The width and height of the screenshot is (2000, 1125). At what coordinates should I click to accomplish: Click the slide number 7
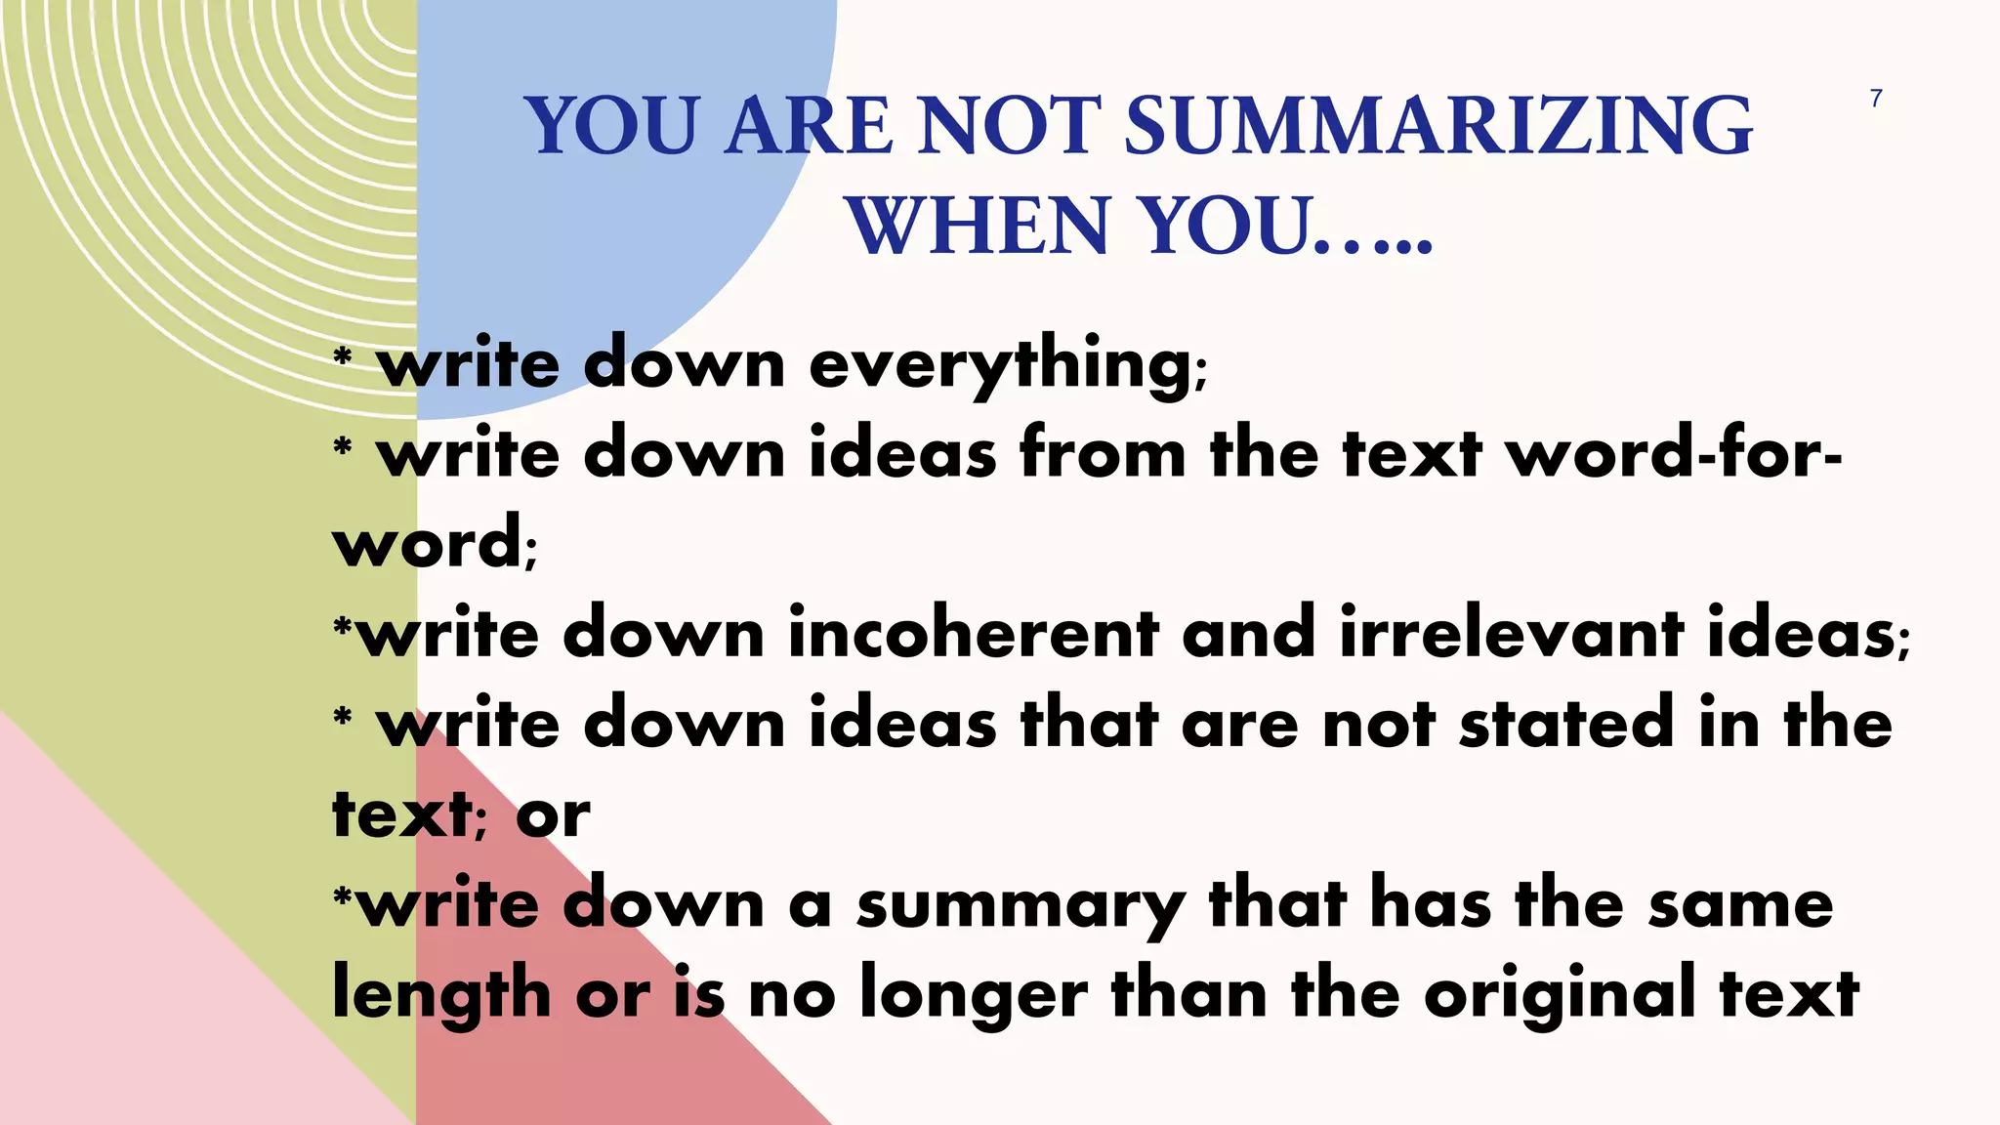1876,99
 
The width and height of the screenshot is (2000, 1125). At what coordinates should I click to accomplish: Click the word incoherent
973,633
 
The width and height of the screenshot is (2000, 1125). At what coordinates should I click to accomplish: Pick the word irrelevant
1511,633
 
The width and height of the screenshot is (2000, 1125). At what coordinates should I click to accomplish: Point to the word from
1103,455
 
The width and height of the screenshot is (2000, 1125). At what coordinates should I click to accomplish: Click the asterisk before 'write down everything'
342,357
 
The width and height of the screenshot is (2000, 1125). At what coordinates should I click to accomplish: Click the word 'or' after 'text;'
553,815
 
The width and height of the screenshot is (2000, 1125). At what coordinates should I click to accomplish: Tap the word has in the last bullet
1431,904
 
